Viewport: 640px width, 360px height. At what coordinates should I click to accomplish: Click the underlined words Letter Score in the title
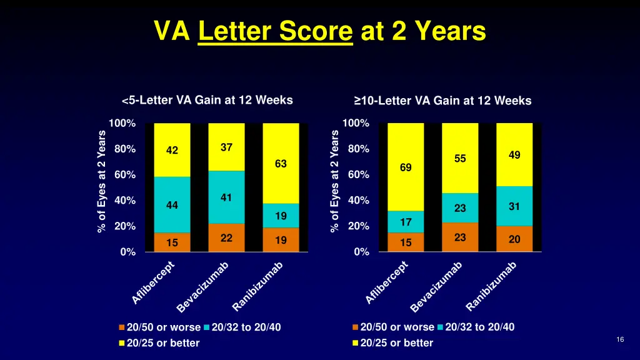click(275, 31)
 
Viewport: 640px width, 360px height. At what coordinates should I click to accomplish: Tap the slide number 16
click(620, 339)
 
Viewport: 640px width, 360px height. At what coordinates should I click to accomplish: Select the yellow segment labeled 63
click(281, 163)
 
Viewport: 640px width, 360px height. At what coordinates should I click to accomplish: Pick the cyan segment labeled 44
click(172, 204)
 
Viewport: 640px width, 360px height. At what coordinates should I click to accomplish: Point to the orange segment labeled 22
click(226, 237)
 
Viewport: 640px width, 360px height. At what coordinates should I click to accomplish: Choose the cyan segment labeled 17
click(406, 221)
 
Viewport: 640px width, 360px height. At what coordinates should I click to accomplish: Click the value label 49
click(514, 155)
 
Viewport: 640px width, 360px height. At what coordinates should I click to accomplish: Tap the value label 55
click(460, 159)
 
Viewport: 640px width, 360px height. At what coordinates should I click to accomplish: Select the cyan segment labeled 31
click(514, 206)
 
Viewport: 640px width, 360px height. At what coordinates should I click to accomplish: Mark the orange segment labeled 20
click(514, 239)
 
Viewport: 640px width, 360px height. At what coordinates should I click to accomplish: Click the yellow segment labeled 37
click(226, 147)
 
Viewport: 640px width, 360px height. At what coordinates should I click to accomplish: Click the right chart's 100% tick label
click(356, 123)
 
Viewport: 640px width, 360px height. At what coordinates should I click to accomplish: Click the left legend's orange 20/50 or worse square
click(122, 327)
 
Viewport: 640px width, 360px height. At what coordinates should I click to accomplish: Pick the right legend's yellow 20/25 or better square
click(356, 342)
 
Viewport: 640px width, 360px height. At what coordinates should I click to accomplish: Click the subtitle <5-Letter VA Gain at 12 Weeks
click(207, 100)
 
